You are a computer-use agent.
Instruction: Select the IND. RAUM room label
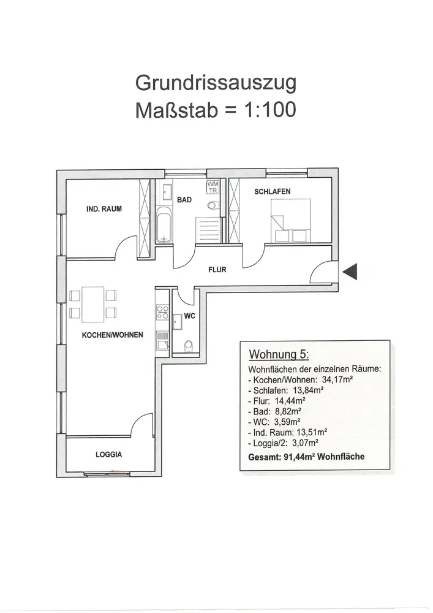[x=104, y=209]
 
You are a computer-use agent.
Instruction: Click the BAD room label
[x=184, y=200]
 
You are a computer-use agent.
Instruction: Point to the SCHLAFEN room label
[x=272, y=192]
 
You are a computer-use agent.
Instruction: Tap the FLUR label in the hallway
[x=217, y=269]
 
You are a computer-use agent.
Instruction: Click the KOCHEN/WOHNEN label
[x=113, y=335]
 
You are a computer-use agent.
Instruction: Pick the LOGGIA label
[x=108, y=455]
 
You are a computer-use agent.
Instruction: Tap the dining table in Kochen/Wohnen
[x=92, y=304]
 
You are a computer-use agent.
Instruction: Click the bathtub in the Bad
[x=164, y=225]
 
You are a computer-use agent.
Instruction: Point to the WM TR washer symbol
[x=213, y=187]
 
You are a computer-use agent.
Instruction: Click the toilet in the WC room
[x=187, y=346]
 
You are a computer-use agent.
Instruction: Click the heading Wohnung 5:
[x=279, y=356]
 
